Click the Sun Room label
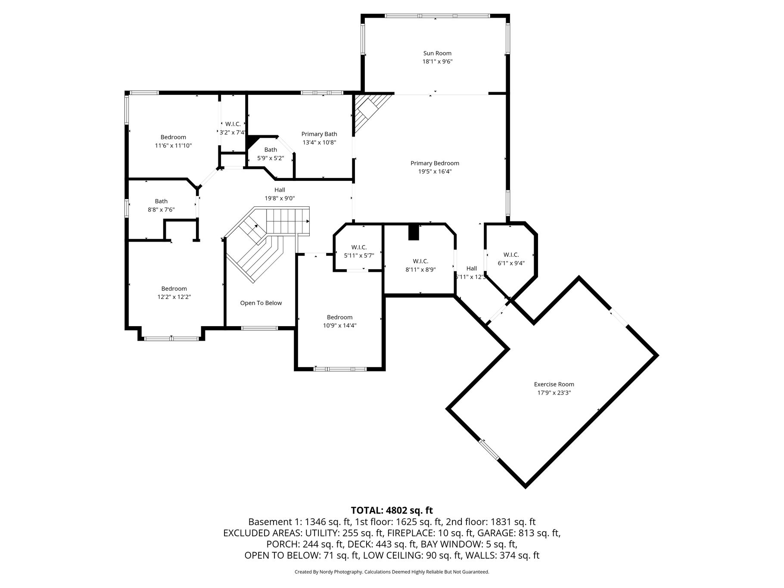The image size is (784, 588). pyautogui.click(x=437, y=53)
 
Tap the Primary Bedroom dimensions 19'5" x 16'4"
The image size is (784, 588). pyautogui.click(x=435, y=171)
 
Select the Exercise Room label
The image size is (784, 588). pyautogui.click(x=554, y=384)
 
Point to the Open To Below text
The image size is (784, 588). pyautogui.click(x=261, y=303)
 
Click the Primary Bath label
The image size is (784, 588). pyautogui.click(x=319, y=134)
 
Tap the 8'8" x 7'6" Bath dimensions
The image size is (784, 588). pyautogui.click(x=162, y=210)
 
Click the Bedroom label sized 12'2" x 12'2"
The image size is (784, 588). pyautogui.click(x=174, y=289)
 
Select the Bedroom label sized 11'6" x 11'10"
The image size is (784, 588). pyautogui.click(x=173, y=137)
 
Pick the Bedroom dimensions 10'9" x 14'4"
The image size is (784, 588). pyautogui.click(x=340, y=326)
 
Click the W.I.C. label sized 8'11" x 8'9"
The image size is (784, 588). pyautogui.click(x=420, y=261)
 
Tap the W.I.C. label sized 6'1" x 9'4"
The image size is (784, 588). pyautogui.click(x=511, y=255)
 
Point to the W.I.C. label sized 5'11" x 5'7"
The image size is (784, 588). pyautogui.click(x=359, y=247)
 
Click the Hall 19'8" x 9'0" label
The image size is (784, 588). pyautogui.click(x=280, y=190)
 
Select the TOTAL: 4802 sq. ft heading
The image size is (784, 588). pyautogui.click(x=392, y=510)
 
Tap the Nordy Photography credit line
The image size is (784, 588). pyautogui.click(x=392, y=572)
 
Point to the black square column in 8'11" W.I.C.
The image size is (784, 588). pyautogui.click(x=414, y=232)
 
